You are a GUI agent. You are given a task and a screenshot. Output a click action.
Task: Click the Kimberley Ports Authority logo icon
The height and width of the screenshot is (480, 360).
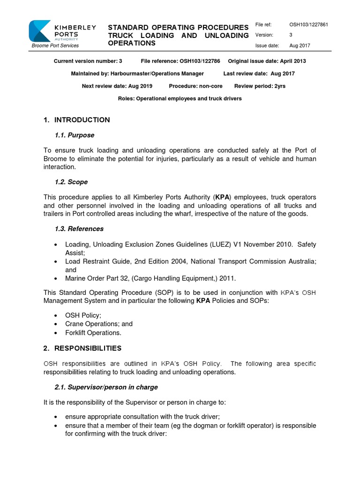(x=40, y=31)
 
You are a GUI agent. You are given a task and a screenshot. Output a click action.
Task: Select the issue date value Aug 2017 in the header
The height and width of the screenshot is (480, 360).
(x=300, y=45)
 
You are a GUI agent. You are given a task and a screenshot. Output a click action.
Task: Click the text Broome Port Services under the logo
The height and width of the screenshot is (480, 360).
(x=55, y=45)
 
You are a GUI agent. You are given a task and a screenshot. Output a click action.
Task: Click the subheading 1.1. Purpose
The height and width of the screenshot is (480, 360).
(x=75, y=135)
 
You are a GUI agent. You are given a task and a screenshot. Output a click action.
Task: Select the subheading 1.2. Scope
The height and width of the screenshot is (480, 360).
(x=71, y=182)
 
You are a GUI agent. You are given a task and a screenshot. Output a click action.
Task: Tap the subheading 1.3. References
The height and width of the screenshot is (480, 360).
(x=79, y=229)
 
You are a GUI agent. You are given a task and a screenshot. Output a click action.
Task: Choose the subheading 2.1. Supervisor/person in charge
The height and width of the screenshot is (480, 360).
(x=106, y=387)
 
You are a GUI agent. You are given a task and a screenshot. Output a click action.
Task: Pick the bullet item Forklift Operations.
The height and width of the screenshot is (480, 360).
(x=93, y=333)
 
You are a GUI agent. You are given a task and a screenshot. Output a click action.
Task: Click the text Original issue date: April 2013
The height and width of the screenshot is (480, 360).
(x=267, y=61)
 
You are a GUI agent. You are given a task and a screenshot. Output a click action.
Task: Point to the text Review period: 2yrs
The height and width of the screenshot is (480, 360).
(x=260, y=86)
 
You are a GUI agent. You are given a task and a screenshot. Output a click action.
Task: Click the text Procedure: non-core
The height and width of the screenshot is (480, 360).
(x=195, y=86)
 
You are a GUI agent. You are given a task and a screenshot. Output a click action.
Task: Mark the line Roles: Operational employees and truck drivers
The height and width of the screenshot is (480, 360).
(x=180, y=99)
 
